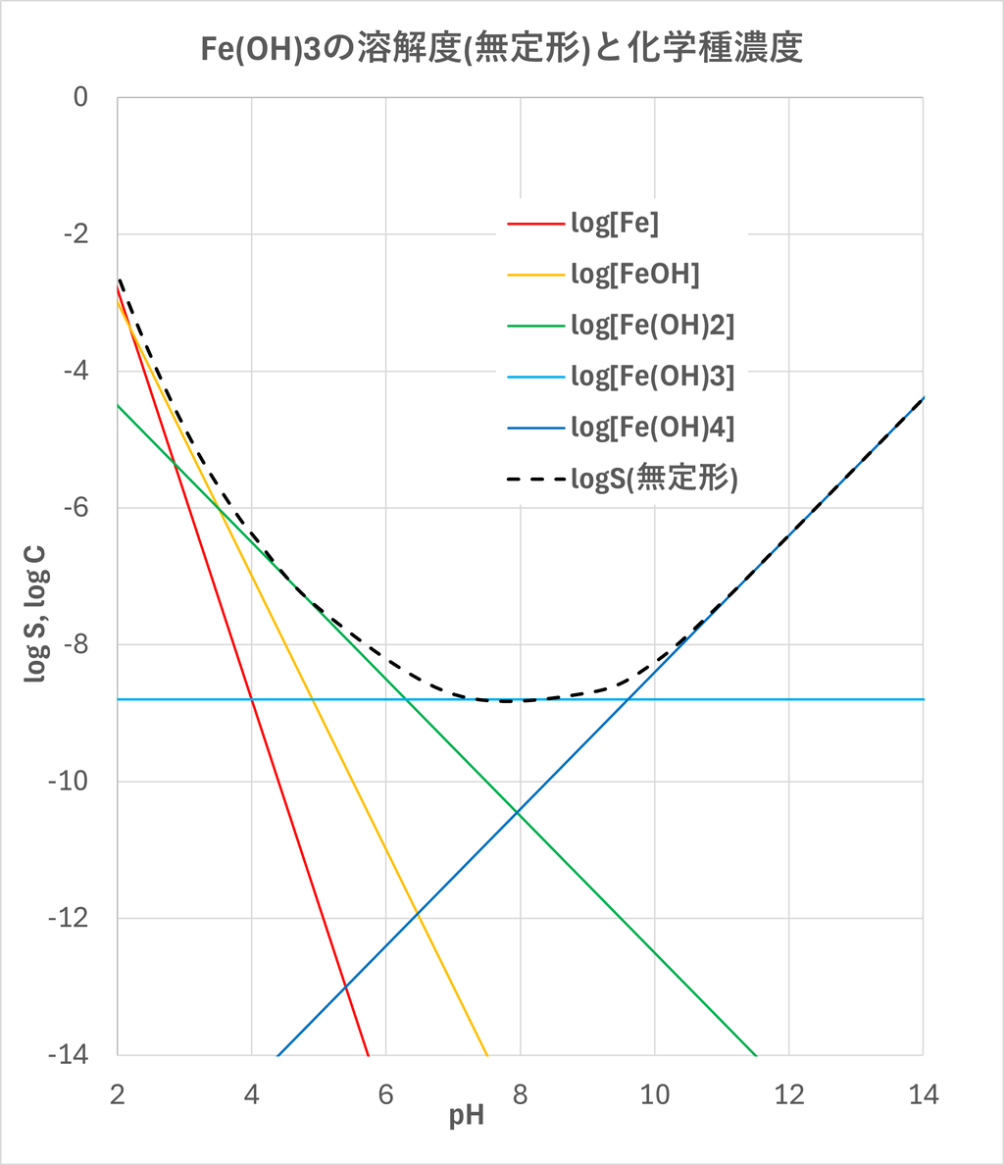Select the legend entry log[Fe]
click(615, 224)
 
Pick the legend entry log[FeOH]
click(634, 276)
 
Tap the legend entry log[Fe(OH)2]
click(652, 326)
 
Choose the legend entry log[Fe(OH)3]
click(652, 377)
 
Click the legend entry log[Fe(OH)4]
click(652, 428)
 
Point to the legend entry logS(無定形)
click(653, 479)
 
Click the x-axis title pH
click(467, 1117)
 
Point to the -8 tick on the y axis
click(74, 645)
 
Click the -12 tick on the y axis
click(69, 919)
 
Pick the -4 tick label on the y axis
click(74, 372)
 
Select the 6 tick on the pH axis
click(386, 1094)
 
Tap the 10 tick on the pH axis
click(655, 1094)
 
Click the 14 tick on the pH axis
click(923, 1094)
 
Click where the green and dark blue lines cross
click(519, 811)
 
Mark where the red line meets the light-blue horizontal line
click(252, 699)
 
